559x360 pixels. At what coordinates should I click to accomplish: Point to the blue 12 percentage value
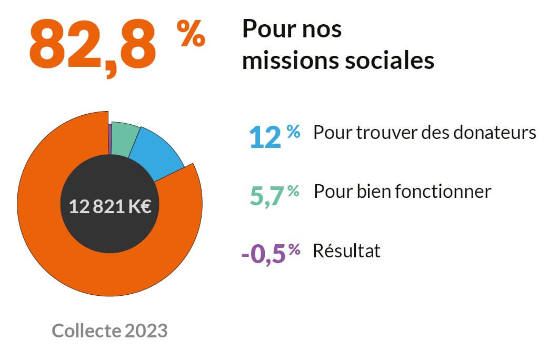point(265,137)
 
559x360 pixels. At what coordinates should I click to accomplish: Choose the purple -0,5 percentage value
point(263,254)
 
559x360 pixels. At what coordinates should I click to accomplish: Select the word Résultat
point(346,251)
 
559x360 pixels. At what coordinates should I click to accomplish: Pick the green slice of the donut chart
point(125,138)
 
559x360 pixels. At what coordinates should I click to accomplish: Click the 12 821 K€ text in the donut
point(110,206)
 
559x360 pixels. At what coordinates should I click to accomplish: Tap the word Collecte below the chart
point(87,331)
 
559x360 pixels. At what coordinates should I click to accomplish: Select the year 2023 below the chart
point(146,331)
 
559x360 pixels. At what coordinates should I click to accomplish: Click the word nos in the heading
point(322,29)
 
